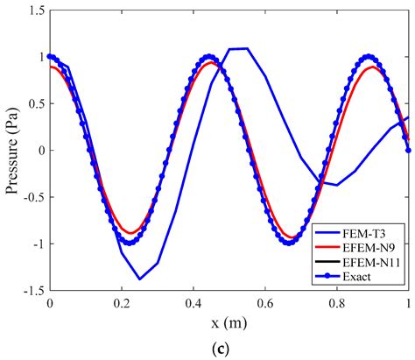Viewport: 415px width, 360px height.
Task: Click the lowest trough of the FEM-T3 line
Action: tap(140, 279)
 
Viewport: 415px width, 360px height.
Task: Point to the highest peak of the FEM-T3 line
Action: tap(239, 48)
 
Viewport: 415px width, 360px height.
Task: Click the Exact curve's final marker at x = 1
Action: tap(409, 150)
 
